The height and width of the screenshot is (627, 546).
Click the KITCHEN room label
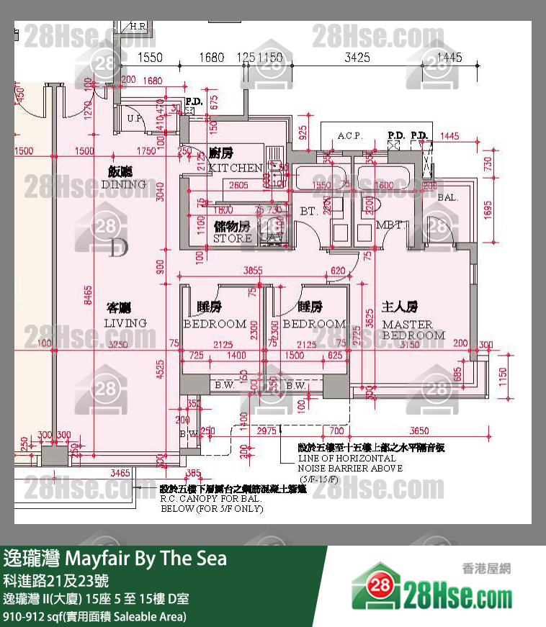click(235, 168)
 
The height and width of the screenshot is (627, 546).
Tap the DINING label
click(123, 184)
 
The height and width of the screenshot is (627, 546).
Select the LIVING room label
click(125, 322)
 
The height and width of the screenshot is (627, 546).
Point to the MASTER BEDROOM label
click(413, 330)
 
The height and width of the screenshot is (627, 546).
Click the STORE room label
click(232, 238)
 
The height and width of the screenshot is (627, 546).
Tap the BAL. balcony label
click(447, 197)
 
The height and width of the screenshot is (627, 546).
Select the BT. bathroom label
click(309, 212)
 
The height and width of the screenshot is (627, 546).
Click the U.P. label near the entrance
click(133, 118)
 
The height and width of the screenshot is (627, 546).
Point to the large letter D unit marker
click(118, 249)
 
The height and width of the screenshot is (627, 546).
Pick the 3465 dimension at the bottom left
click(120, 473)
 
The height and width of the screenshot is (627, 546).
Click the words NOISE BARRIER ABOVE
click(350, 468)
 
